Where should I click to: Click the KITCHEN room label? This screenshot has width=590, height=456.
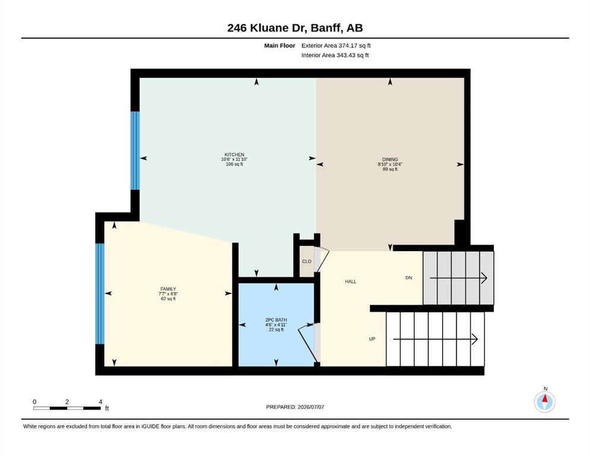[234, 154]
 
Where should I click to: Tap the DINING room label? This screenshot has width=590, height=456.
[390, 159]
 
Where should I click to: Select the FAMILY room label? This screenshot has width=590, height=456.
[168, 289]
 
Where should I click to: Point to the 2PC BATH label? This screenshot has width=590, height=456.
[276, 320]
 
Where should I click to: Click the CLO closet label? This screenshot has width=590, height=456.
[307, 261]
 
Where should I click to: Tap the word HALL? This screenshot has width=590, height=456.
[351, 281]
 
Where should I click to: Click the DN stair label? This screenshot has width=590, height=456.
[409, 278]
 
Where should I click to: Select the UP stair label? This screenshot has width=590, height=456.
[372, 338]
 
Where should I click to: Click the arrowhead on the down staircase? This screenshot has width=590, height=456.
[485, 278]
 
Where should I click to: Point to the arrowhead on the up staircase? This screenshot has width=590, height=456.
[475, 339]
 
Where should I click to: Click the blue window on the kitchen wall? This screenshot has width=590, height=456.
[135, 150]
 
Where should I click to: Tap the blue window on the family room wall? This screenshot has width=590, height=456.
[100, 293]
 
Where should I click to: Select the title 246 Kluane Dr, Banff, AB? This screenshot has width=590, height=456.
[295, 28]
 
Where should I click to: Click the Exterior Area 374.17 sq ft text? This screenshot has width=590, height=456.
[336, 46]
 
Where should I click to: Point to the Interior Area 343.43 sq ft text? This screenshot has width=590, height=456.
[335, 55]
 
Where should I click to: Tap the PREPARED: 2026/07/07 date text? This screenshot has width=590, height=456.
[295, 407]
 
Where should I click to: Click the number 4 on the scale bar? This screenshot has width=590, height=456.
[100, 401]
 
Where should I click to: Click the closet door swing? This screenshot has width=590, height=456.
[321, 259]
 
